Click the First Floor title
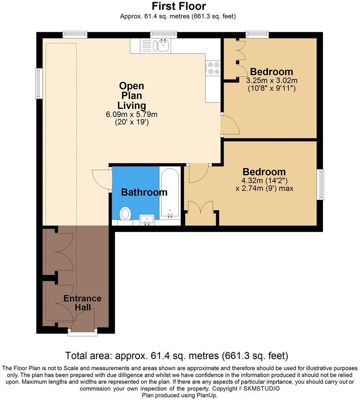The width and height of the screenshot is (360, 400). tap(179, 6)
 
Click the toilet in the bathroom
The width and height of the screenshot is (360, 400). tap(125, 214)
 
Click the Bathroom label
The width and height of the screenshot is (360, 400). tap(144, 192)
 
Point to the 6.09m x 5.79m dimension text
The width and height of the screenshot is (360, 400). tap(131, 114)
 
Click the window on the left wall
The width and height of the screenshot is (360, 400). tap(38, 83)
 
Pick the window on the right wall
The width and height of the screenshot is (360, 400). tap(321, 185)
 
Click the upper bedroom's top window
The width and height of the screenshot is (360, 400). tap(257, 35)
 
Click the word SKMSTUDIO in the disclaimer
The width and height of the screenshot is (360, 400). tap(262, 389)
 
